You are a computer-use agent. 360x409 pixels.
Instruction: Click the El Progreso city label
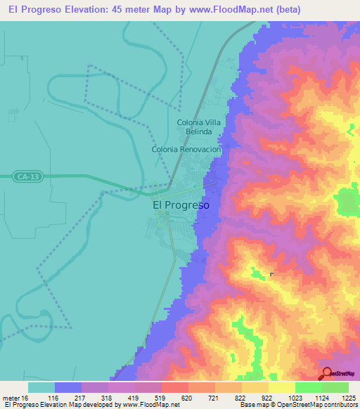(x=181, y=206)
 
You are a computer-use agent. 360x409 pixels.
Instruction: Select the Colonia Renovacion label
(x=186, y=150)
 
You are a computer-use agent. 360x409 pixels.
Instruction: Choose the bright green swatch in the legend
(x=309, y=387)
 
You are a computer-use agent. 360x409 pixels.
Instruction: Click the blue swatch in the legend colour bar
(x=67, y=387)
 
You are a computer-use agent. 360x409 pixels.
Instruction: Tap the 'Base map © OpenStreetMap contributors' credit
(x=297, y=405)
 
